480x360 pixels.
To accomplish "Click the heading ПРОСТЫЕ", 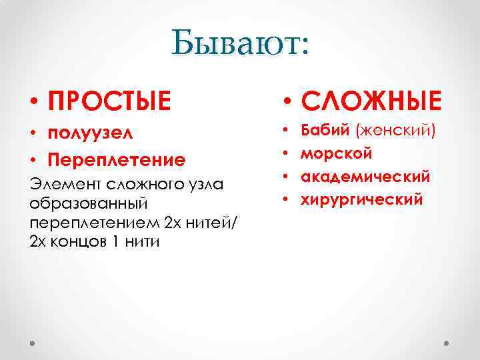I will [109, 102].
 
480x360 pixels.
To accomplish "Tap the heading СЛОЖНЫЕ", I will [371, 102].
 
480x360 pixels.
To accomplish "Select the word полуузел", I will [90, 132].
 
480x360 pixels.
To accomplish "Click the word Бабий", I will [325, 131].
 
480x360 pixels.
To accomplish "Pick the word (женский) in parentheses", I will [397, 131].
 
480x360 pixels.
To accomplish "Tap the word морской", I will [337, 153].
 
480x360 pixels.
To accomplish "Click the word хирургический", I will [362, 199].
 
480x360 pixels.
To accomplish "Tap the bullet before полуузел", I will [33, 133].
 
